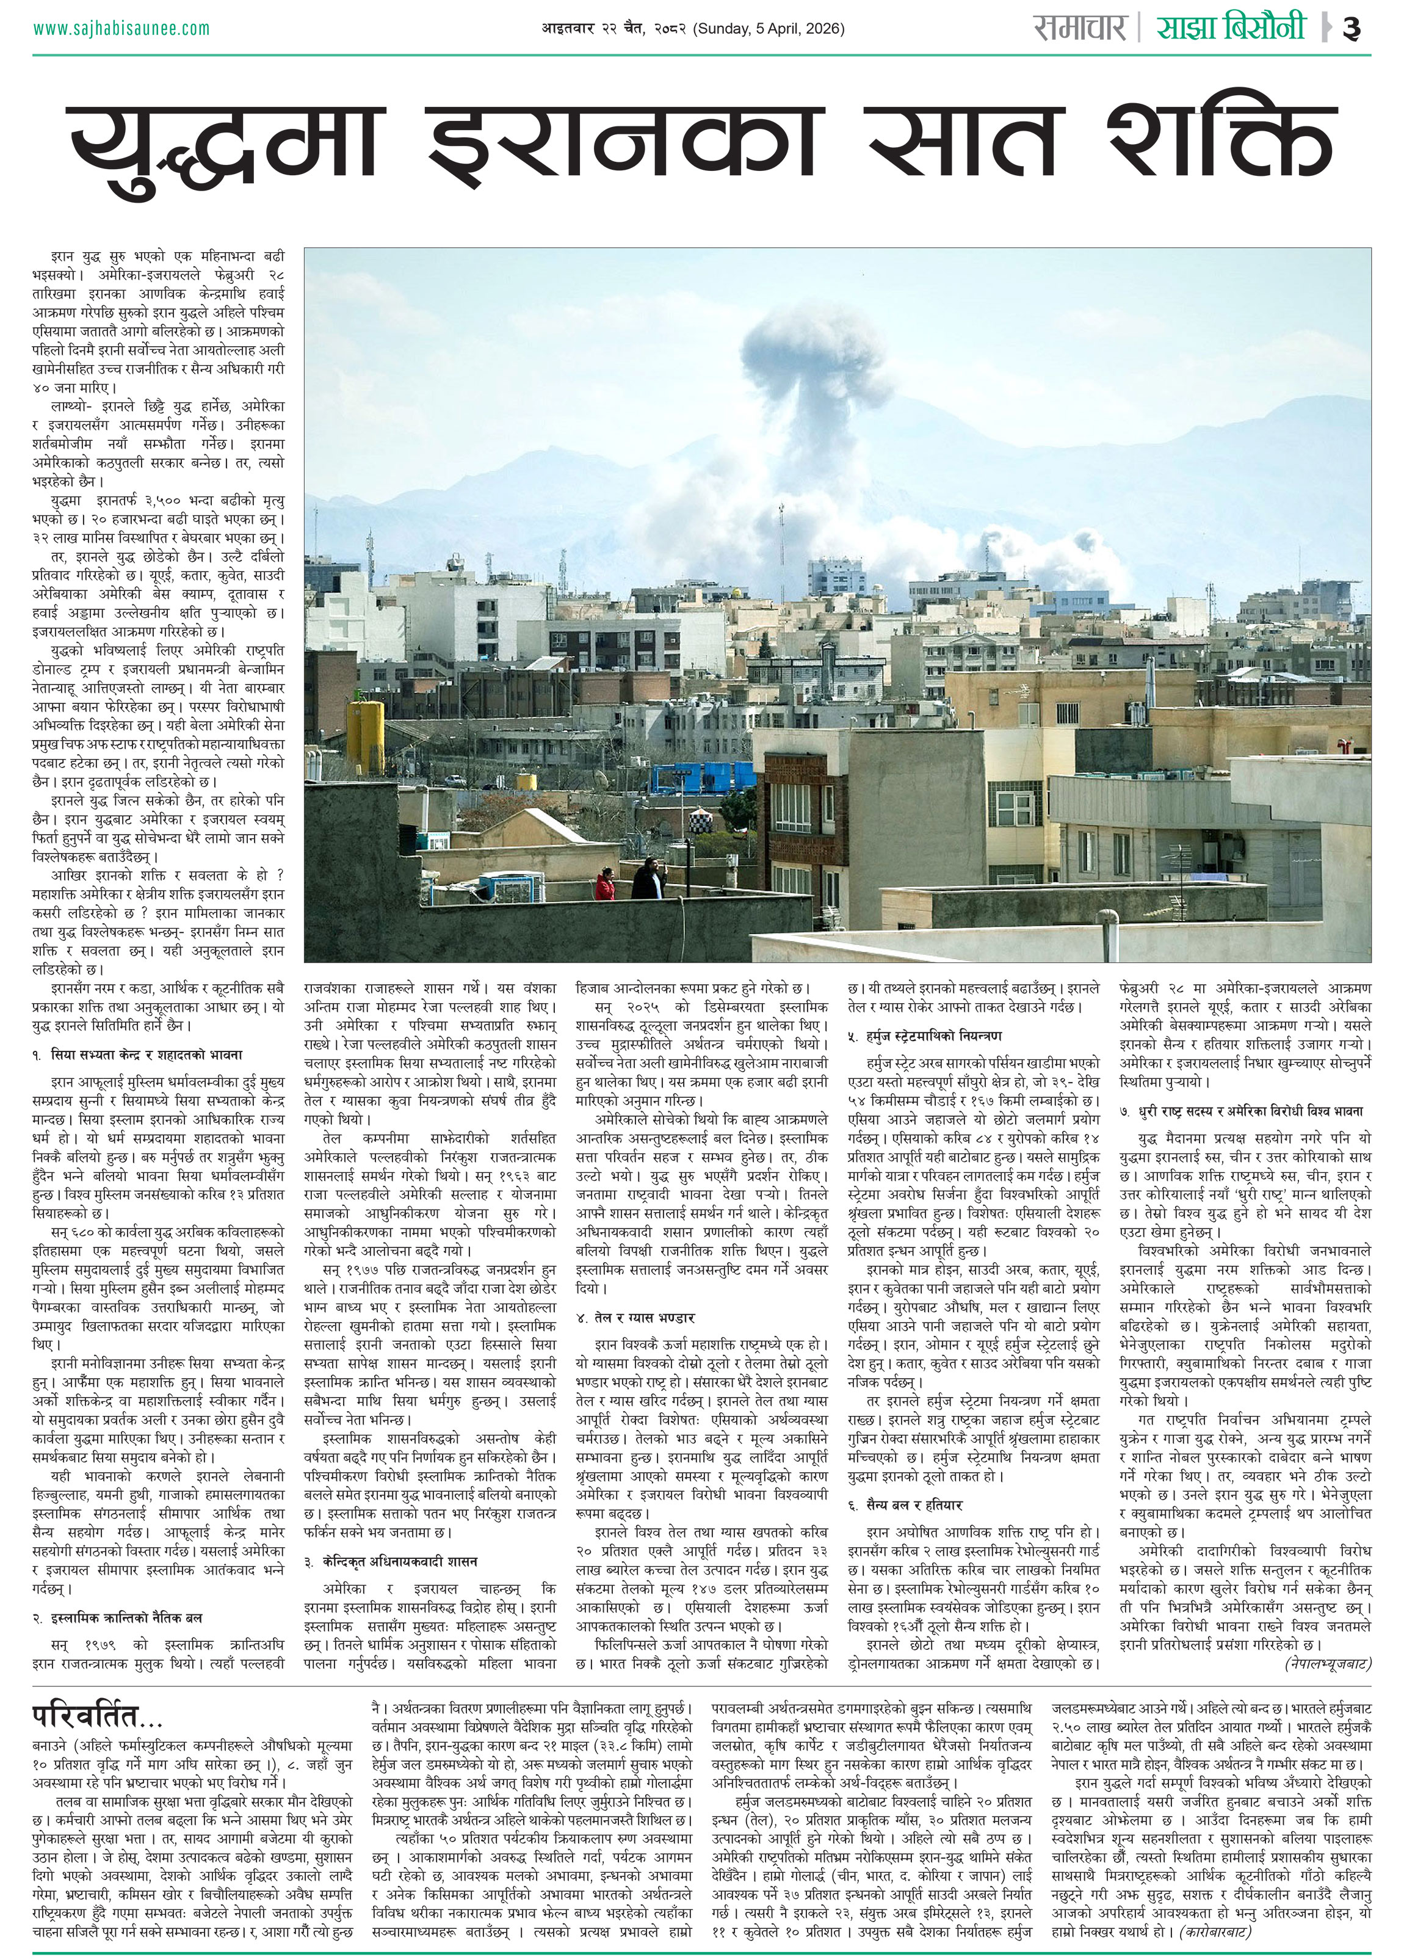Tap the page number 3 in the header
(x=1352, y=29)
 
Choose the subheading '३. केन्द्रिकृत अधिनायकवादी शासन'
(x=391, y=1562)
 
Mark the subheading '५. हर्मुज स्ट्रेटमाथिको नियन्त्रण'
(x=924, y=1036)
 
